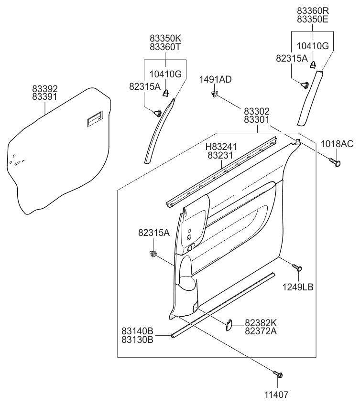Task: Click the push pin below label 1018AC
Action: tap(337, 163)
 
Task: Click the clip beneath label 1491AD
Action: tap(215, 94)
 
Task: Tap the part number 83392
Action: tap(45, 88)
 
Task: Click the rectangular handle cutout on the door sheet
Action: tap(94, 119)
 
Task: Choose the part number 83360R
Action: tap(313, 11)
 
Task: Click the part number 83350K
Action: tap(165, 38)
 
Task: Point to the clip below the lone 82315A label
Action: tap(153, 254)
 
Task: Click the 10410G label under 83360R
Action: tap(313, 46)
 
